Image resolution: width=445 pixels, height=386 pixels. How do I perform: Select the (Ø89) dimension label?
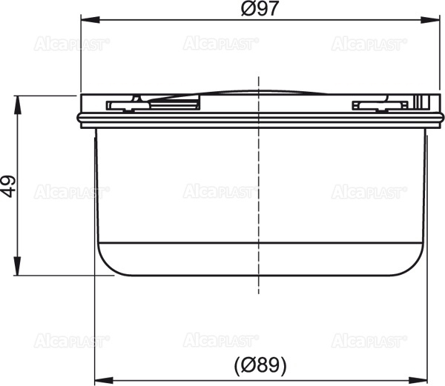[259, 365]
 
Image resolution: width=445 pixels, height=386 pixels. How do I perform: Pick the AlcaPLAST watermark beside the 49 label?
[72, 193]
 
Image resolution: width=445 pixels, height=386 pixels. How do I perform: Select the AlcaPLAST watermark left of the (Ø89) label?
[72, 342]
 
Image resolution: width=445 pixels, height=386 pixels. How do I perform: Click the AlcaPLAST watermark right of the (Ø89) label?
[368, 342]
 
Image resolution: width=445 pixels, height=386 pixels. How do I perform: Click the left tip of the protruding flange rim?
[78, 116]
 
